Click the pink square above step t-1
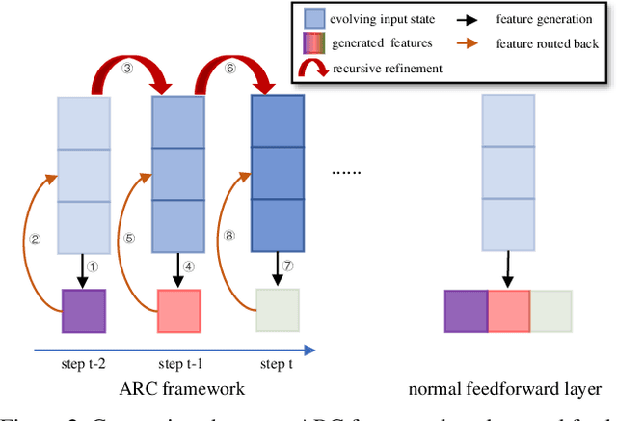(178, 311)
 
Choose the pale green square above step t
(277, 311)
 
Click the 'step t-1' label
(178, 363)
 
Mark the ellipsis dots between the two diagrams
(346, 170)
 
